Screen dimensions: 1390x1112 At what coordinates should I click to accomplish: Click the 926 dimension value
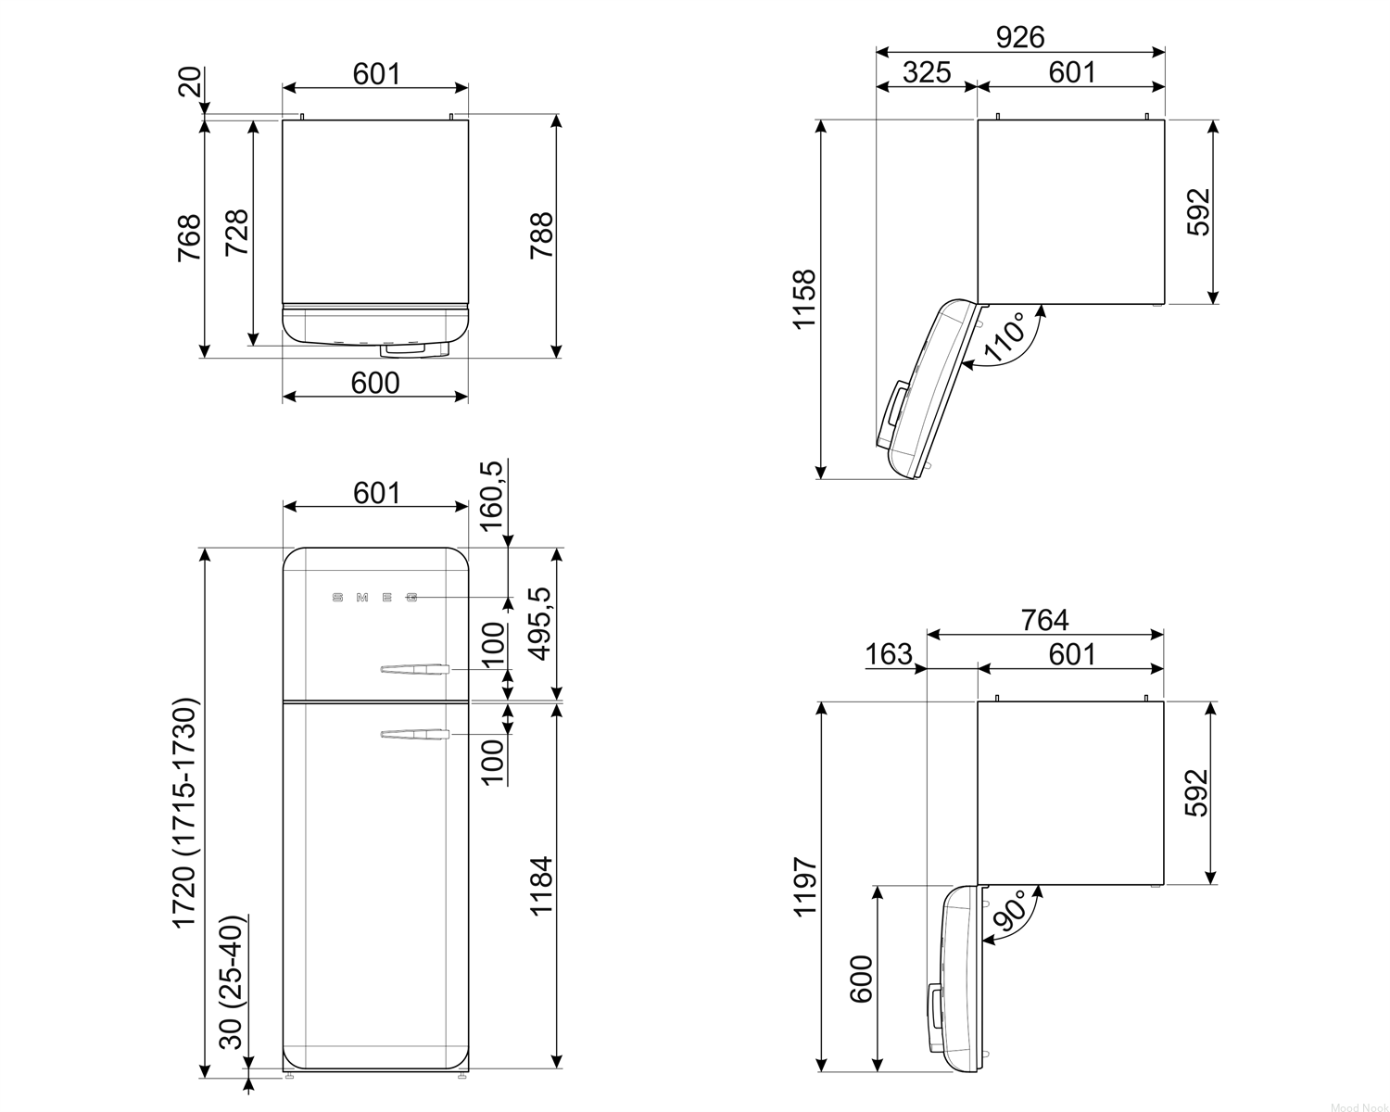(x=1020, y=37)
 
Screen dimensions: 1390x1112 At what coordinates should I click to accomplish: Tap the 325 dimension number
(x=927, y=72)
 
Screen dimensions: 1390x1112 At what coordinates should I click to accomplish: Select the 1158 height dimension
(x=804, y=299)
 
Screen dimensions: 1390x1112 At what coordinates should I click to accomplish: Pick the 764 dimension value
(x=1044, y=620)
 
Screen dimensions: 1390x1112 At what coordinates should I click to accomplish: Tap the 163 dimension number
(x=888, y=654)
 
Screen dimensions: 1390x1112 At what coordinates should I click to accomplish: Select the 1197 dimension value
(x=804, y=887)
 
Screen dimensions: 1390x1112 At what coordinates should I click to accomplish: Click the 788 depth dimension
(x=541, y=235)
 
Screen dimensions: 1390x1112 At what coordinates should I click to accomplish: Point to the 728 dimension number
(x=236, y=232)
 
